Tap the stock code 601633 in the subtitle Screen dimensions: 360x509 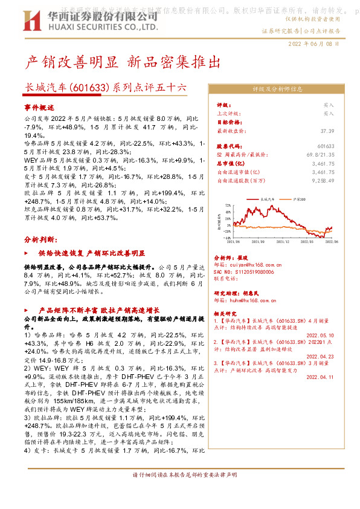(90, 88)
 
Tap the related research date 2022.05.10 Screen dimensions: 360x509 (320, 334)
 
